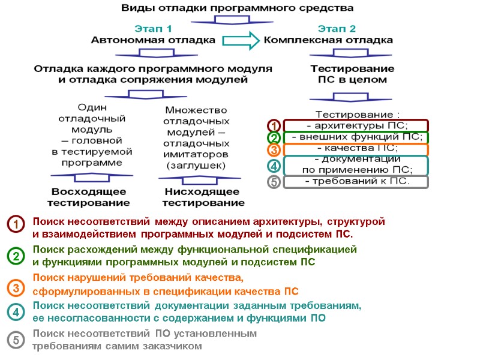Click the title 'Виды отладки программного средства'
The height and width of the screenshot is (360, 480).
238,8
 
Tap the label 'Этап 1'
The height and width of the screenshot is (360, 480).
152,28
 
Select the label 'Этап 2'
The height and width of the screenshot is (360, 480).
337,28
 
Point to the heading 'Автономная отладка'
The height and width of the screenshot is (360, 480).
153,40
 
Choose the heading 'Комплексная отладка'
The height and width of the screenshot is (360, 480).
329,40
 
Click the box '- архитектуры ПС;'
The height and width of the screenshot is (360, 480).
356,125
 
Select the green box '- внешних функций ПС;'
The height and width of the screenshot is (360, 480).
356,137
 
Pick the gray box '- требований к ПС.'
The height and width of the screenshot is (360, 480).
356,182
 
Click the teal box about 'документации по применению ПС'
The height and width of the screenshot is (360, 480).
356,164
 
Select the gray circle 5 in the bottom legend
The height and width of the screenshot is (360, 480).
15,340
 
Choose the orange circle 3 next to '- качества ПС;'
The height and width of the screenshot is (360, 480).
274,149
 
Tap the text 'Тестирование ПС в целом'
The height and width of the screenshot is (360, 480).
352,74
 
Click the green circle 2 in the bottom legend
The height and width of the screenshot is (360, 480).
15,256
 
